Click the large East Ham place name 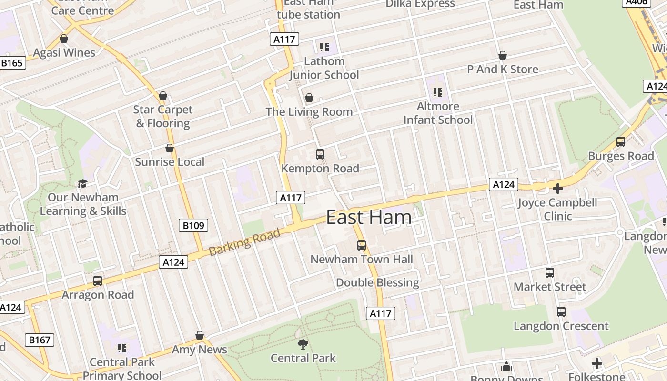pos(369,217)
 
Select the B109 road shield pos(194,225)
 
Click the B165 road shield pos(12,62)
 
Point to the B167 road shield pos(40,340)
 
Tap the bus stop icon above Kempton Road pos(320,154)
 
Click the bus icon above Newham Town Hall pos(362,245)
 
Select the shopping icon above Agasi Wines pos(64,39)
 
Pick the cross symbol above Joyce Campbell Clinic pos(557,189)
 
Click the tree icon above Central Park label pos(303,344)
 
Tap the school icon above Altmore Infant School pos(438,92)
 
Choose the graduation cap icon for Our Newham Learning pos(83,183)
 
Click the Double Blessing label pos(377,282)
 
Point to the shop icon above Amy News pos(200,336)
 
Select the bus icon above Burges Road pos(621,142)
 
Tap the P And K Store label pos(503,70)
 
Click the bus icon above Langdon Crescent pos(561,312)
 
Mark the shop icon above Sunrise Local pos(170,148)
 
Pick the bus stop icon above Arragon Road pos(98,281)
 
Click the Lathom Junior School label pos(324,68)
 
